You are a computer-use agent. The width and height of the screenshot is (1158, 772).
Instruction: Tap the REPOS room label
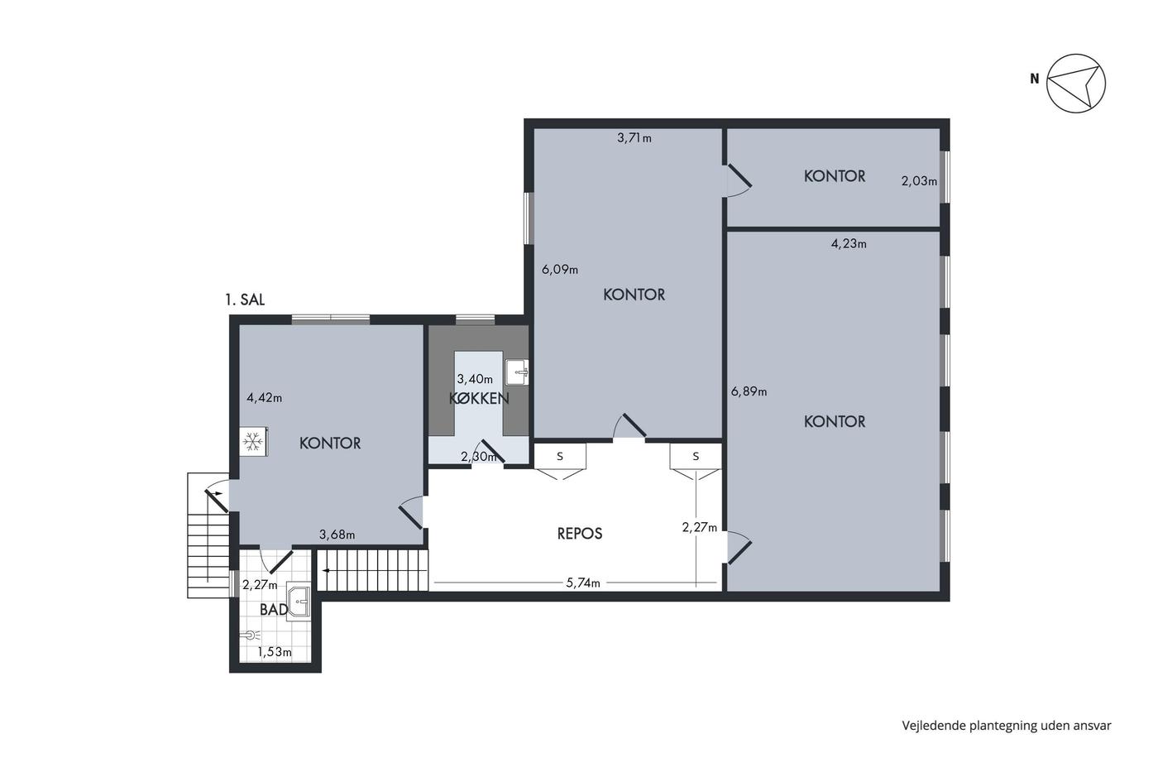pos(580,533)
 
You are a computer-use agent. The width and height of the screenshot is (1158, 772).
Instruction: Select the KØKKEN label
pos(479,398)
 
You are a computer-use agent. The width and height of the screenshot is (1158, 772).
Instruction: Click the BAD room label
pos(274,610)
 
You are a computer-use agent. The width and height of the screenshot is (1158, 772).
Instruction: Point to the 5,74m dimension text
pos(583,583)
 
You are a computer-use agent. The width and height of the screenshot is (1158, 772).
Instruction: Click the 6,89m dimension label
pos(749,391)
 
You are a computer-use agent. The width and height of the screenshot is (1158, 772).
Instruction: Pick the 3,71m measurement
pos(634,138)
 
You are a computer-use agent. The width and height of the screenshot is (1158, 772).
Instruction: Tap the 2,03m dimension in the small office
pos(919,181)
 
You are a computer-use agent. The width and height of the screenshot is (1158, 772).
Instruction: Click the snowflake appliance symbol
pos(253,442)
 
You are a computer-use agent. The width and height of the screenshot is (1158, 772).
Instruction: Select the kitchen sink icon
pos(516,372)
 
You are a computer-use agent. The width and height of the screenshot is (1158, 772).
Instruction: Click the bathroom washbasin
pos(299,602)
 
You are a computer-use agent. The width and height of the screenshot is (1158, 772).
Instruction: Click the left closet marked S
pos(560,457)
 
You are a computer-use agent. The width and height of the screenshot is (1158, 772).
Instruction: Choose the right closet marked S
pos(696,457)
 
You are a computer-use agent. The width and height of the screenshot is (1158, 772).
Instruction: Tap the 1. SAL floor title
pos(245,300)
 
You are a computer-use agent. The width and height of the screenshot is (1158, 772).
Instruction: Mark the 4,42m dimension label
pos(264,398)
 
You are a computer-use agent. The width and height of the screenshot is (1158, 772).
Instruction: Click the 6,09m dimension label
pos(560,270)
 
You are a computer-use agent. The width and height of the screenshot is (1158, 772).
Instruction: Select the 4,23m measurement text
pos(849,243)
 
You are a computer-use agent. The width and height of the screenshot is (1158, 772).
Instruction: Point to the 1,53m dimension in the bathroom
pos(275,652)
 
